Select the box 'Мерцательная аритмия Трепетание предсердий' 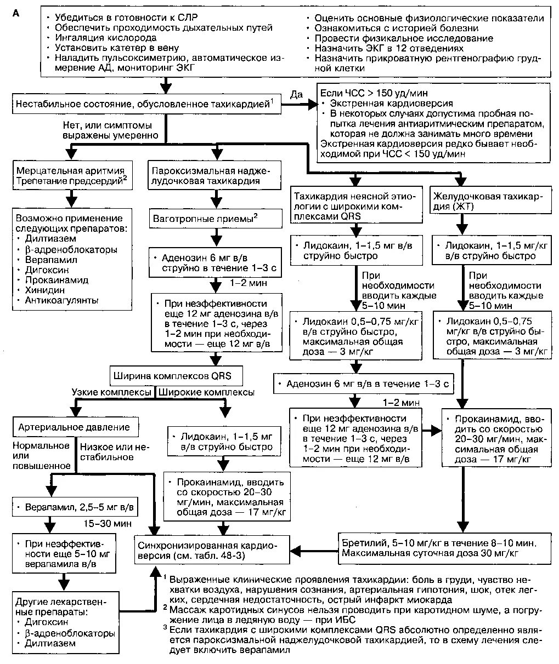pos(69,175)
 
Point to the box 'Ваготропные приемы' pos(205,219)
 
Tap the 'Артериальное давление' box pos(75,426)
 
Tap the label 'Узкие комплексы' pos(111,392)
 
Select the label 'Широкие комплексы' pos(206,392)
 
